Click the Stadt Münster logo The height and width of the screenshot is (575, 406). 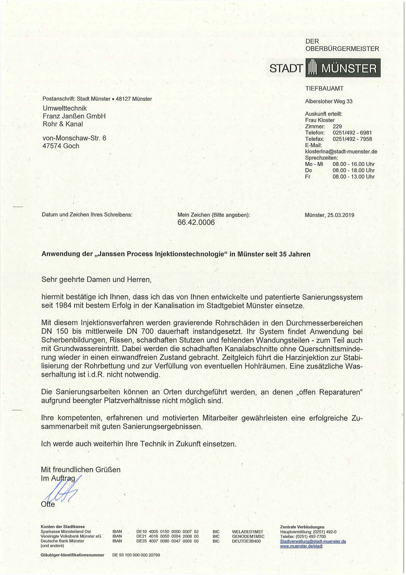pos(324,68)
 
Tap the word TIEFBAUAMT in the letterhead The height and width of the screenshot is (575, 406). pos(324,88)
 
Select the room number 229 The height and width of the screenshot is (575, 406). pos(337,126)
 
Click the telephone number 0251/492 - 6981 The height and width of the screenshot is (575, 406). pos(352,133)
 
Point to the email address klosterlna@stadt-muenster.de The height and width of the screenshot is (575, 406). pos(341,152)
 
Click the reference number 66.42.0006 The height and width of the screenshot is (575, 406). pos(196,222)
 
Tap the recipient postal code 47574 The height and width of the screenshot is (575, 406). pos(52,146)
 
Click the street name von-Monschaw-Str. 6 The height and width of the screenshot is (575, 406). pos(74,138)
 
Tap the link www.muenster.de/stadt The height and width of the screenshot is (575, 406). pos(301,546)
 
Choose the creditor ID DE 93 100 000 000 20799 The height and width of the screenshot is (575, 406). pos(136,555)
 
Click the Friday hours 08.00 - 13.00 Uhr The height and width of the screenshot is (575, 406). pos(354,177)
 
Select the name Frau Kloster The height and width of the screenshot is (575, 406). pos(320,120)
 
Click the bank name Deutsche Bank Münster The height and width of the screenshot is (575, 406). pos(62,541)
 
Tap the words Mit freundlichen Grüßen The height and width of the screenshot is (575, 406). pos(81,470)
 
